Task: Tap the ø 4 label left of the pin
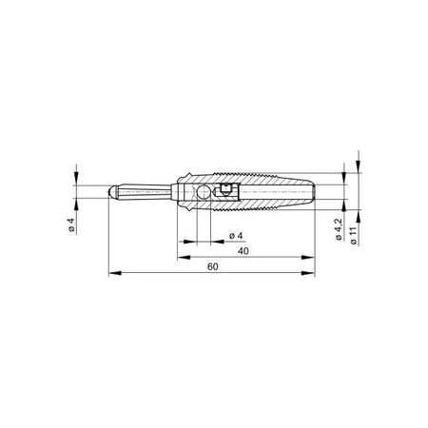click(71, 225)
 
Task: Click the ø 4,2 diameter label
click(340, 228)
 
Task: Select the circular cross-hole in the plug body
click(204, 192)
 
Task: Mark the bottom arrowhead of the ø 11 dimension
click(355, 213)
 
